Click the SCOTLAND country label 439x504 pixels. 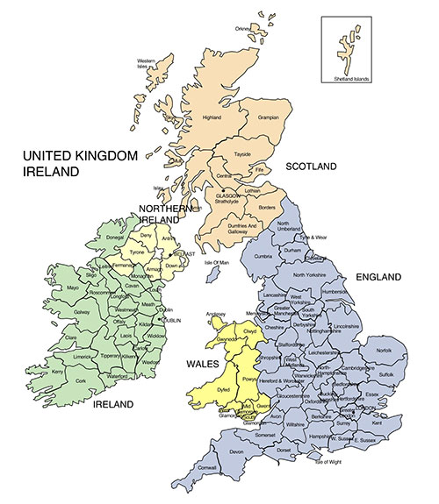[x=312, y=167]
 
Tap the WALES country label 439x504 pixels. [x=201, y=362]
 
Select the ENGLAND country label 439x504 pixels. [x=379, y=277]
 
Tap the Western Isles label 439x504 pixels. [x=158, y=63]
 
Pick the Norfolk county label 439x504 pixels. [x=385, y=352]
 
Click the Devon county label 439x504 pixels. [x=237, y=451]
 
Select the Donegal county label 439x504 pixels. [x=115, y=238]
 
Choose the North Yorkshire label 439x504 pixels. [x=310, y=275]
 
